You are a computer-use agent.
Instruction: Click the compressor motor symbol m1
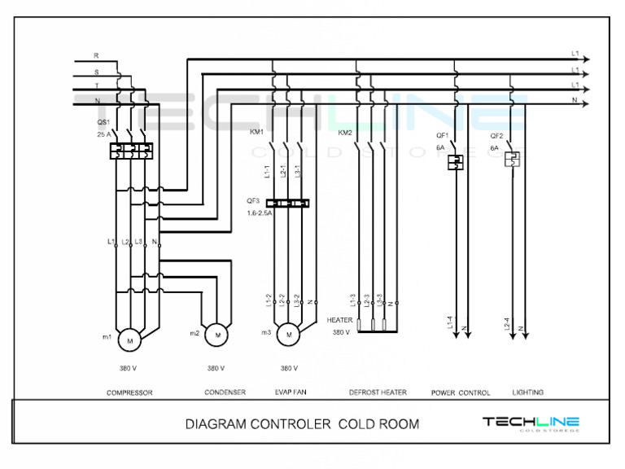(x=129, y=335)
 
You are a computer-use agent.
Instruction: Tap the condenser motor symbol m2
(x=216, y=334)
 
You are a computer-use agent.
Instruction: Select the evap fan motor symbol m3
(x=287, y=334)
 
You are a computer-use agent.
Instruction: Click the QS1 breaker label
(x=103, y=121)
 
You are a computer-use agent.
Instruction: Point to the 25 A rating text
(x=103, y=134)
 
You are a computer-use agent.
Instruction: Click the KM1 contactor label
(x=256, y=132)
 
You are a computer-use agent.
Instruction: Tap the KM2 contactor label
(x=345, y=132)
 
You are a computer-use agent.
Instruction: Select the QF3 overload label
(x=253, y=200)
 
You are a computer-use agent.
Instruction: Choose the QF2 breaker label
(x=496, y=135)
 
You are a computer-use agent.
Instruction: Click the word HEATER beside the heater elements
(x=339, y=320)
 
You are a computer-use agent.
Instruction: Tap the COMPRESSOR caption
(x=129, y=392)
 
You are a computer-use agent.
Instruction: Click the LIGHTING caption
(x=528, y=392)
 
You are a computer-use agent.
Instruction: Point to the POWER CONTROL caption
(x=461, y=392)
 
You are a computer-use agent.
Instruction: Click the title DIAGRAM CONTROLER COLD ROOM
(x=302, y=424)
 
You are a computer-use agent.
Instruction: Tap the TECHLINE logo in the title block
(x=531, y=423)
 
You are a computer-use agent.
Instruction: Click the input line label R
(x=96, y=55)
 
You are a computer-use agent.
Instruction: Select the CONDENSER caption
(x=225, y=392)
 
